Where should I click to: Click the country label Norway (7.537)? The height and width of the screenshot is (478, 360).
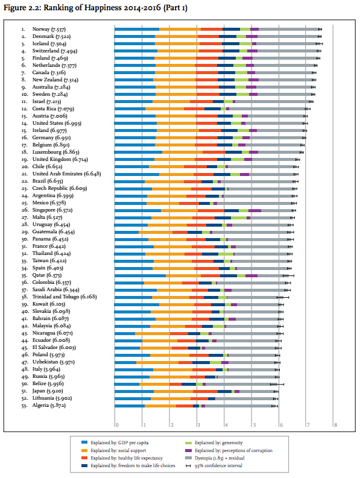49,30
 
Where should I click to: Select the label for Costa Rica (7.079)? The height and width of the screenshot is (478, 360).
53,109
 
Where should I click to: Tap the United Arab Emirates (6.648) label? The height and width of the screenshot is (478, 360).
66,174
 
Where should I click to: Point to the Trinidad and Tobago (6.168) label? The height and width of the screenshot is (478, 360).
65,297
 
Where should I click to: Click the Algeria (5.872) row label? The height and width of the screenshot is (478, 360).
49,406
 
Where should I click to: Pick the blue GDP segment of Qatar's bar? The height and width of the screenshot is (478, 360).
141,276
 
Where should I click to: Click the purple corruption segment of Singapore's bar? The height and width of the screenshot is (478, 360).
254,210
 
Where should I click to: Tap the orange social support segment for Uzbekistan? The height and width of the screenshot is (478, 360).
157,363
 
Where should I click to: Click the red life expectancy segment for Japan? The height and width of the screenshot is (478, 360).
205,392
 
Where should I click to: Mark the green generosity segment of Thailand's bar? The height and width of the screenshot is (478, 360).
226,254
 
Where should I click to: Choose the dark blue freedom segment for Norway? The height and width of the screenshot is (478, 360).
231,30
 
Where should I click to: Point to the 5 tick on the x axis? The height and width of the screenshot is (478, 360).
254,425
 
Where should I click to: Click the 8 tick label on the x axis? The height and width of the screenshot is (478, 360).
336,425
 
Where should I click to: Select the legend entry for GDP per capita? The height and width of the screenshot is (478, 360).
115,442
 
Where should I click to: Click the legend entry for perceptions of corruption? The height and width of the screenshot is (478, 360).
229,450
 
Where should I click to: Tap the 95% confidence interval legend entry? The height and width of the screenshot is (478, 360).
214,465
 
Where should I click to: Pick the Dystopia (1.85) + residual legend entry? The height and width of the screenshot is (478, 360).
215,458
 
